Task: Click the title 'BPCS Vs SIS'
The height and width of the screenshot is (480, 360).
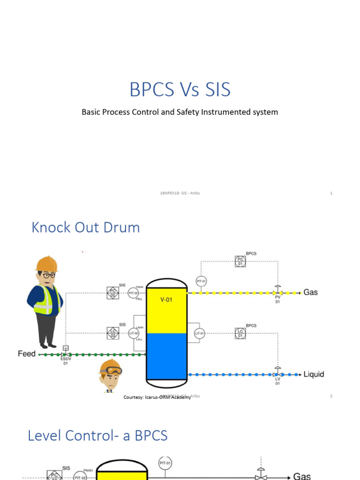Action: coord(180,90)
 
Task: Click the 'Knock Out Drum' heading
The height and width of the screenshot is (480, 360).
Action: coord(86,228)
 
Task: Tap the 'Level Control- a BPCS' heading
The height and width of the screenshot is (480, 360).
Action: coord(97,435)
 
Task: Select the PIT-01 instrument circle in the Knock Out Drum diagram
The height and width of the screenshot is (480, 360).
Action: coord(201,281)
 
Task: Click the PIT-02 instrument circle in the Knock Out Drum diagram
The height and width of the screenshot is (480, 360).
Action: coord(133,293)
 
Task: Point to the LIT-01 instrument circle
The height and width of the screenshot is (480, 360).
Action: coord(200,334)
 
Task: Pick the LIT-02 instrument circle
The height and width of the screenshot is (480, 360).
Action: coord(134,333)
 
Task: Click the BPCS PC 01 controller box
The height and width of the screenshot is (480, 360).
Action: coord(240,262)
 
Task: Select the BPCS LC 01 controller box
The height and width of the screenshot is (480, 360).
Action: coord(240,333)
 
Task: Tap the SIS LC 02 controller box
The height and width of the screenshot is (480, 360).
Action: coord(112,333)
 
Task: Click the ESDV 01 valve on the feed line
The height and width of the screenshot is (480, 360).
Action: coord(66,350)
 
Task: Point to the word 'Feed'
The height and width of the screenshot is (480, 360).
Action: coord(27,354)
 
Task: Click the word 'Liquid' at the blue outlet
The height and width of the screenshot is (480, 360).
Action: coord(314,374)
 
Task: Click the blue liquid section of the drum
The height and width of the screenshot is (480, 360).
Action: coord(166,356)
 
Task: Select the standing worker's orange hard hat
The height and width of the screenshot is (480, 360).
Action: coord(47,264)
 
